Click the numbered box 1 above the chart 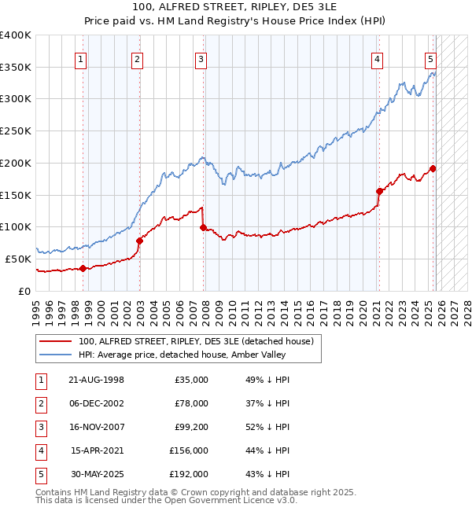[x=82, y=58]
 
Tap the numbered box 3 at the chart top [x=201, y=58]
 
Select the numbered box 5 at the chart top [x=431, y=58]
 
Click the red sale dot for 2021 [x=379, y=190]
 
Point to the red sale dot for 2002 [x=139, y=241]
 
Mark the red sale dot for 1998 [x=83, y=268]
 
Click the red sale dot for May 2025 [x=433, y=167]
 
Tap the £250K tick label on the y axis [x=16, y=131]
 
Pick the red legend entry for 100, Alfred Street [x=196, y=341]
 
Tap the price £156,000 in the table [x=189, y=450]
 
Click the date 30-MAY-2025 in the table [x=97, y=474]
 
